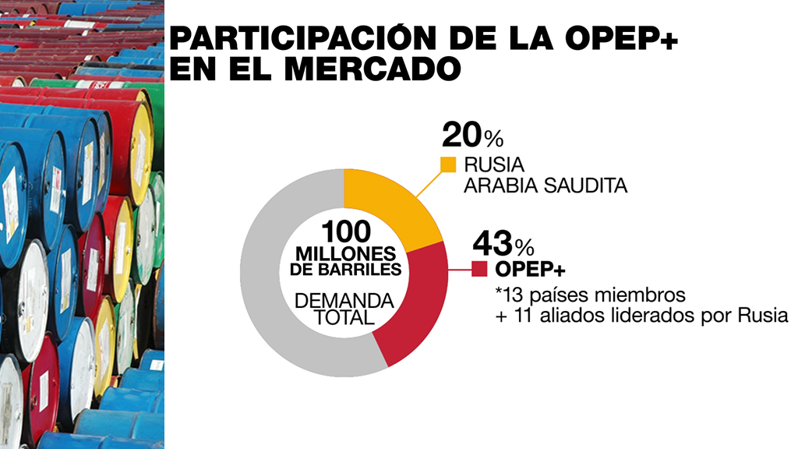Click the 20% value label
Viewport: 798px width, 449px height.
[x=472, y=136]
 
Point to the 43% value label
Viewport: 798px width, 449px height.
[x=503, y=244]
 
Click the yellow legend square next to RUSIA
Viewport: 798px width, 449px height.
[x=448, y=164]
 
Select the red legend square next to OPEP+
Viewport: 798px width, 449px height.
[x=479, y=270]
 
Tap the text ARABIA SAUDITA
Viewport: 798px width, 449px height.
[x=546, y=186]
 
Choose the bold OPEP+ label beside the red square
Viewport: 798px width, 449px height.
[x=531, y=270]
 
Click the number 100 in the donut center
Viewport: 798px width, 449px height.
[x=344, y=233]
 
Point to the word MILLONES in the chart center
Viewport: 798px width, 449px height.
[x=344, y=255]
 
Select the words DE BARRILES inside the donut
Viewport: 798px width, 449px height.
[x=344, y=270]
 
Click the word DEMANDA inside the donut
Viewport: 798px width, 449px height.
[x=344, y=301]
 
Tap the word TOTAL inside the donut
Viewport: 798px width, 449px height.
[x=344, y=318]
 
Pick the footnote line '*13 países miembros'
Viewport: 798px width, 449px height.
[x=590, y=296]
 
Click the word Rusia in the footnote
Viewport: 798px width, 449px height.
[x=761, y=316]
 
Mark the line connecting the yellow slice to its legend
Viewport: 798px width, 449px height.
[x=425, y=182]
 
